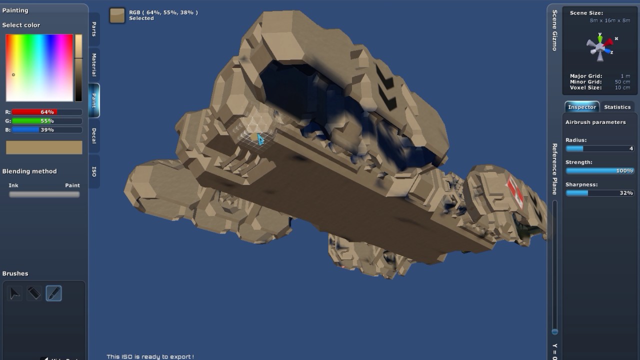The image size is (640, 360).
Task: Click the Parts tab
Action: click(94, 29)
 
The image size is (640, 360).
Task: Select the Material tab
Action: click(94, 65)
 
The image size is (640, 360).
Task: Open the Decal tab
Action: click(94, 136)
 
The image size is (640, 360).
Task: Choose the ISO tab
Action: click(94, 171)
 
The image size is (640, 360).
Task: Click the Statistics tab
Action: click(617, 107)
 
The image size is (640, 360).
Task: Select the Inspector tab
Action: click(582, 107)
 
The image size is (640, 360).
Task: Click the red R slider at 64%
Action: click(47, 112)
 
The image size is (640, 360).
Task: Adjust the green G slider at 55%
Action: click(47, 121)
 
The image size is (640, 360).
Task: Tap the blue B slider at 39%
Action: click(47, 129)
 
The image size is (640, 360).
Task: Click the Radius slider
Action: click(599, 148)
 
